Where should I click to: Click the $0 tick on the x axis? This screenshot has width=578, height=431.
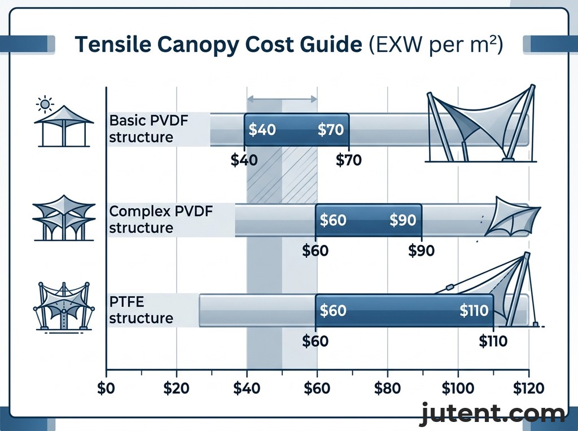pyautogui.click(x=106, y=389)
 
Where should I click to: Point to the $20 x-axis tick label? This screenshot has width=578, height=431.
pyautogui.click(x=177, y=389)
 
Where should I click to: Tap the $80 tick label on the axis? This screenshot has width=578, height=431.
pyautogui.click(x=387, y=389)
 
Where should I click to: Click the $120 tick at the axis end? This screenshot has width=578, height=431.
pyautogui.click(x=528, y=389)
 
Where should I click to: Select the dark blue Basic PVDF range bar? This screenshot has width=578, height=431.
pyautogui.click(x=296, y=130)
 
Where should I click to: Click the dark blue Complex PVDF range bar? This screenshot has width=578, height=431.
pyautogui.click(x=368, y=219)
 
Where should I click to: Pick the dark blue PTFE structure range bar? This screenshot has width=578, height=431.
pyautogui.click(x=404, y=310)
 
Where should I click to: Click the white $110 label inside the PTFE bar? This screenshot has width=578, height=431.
pyautogui.click(x=474, y=310)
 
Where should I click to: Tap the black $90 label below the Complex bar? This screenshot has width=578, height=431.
pyautogui.click(x=421, y=251)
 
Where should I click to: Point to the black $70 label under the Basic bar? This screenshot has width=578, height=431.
pyautogui.click(x=348, y=160)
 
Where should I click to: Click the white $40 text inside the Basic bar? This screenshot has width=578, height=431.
pyautogui.click(x=262, y=130)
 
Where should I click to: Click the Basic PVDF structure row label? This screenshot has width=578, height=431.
pyautogui.click(x=142, y=129)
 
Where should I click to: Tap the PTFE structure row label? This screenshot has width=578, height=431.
pyautogui.click(x=141, y=310)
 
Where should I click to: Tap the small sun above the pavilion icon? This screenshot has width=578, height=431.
pyautogui.click(x=43, y=104)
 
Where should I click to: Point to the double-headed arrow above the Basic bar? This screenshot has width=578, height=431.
pyautogui.click(x=282, y=99)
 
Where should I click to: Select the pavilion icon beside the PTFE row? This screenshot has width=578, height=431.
pyautogui.click(x=63, y=307)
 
